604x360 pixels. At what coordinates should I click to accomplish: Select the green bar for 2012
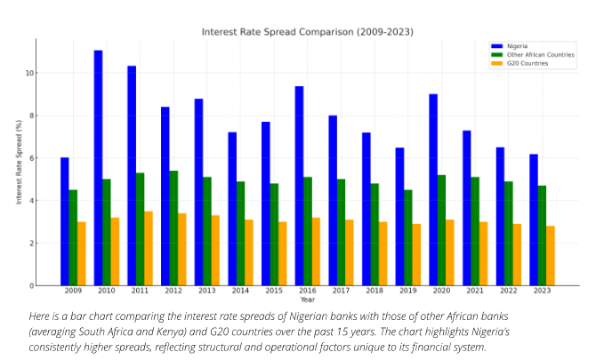pyautogui.click(x=173, y=228)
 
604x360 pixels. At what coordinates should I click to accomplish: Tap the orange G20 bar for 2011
pyautogui.click(x=149, y=248)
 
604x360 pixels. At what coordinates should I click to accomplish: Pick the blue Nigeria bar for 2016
pyautogui.click(x=299, y=186)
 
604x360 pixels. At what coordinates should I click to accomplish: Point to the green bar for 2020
pyautogui.click(x=441, y=230)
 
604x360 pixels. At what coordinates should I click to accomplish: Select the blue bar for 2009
pyautogui.click(x=64, y=221)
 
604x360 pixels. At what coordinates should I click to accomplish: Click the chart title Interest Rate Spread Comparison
pyautogui.click(x=307, y=32)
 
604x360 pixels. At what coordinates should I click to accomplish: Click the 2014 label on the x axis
pyautogui.click(x=240, y=292)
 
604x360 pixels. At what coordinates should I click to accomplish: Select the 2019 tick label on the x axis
pyautogui.click(x=407, y=292)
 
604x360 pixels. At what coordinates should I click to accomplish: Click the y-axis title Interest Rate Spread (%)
pyautogui.click(x=18, y=163)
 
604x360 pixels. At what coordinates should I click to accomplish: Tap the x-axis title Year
pyautogui.click(x=307, y=300)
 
